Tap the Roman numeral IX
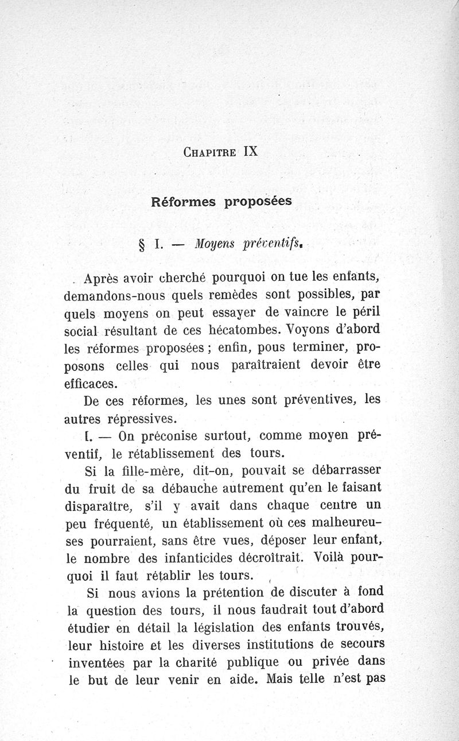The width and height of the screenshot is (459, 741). coord(251,152)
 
